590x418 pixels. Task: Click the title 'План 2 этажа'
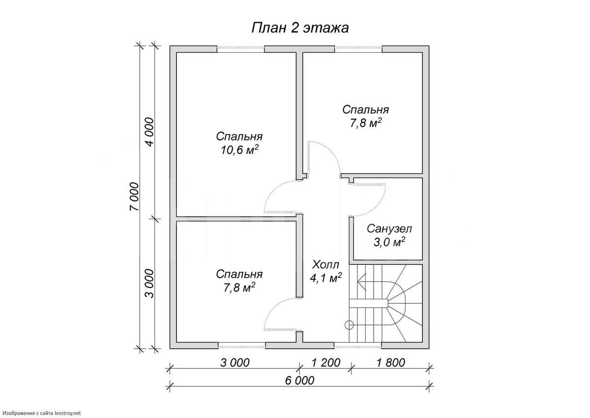(x=300, y=28)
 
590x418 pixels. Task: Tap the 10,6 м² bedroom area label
(x=239, y=150)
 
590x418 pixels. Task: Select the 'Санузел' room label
(x=389, y=228)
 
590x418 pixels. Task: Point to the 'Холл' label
(x=325, y=264)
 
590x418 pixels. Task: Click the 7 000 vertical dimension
(x=134, y=196)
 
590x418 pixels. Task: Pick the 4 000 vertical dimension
(x=149, y=132)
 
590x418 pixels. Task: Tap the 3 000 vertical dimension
(x=149, y=283)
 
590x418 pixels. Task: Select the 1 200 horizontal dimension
(x=326, y=362)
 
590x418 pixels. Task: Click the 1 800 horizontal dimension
(x=391, y=362)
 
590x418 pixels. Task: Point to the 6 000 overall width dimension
(x=299, y=380)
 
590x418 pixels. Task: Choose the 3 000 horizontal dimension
(x=235, y=362)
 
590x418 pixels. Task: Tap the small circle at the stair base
(x=349, y=325)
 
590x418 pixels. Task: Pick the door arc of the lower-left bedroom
(x=274, y=309)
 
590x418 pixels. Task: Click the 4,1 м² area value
(x=325, y=278)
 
